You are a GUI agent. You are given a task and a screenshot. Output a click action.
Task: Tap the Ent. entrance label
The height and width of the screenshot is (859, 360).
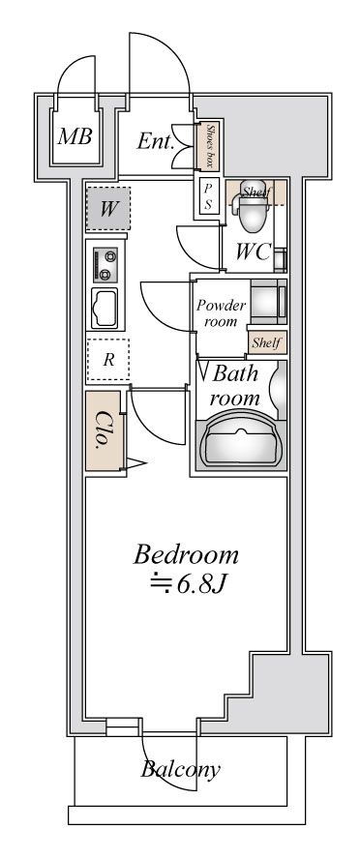[x=155, y=141]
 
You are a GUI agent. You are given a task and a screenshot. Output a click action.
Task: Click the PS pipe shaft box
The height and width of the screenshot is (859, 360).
[x=208, y=196]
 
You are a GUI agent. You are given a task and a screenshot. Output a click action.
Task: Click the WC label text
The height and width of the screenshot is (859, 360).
[x=254, y=252]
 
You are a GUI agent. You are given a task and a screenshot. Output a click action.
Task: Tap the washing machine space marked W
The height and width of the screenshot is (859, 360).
[x=106, y=207]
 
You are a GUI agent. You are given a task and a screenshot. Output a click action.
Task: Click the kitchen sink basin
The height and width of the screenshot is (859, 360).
[x=105, y=308]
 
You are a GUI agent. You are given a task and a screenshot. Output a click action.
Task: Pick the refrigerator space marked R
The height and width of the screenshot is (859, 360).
[x=107, y=359]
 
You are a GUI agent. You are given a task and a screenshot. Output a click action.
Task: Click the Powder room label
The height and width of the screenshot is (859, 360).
[x=222, y=312]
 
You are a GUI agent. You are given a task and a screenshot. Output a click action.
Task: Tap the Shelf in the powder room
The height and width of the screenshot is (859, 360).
[x=266, y=342]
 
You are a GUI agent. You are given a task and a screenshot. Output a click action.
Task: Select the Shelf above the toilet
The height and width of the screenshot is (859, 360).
[x=256, y=192]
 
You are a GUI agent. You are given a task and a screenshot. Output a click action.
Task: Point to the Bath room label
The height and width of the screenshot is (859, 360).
[x=235, y=384]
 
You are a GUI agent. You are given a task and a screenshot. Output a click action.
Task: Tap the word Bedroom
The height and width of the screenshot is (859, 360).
[x=186, y=555]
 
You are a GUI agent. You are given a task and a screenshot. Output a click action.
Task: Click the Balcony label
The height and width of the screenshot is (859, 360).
[x=180, y=771]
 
